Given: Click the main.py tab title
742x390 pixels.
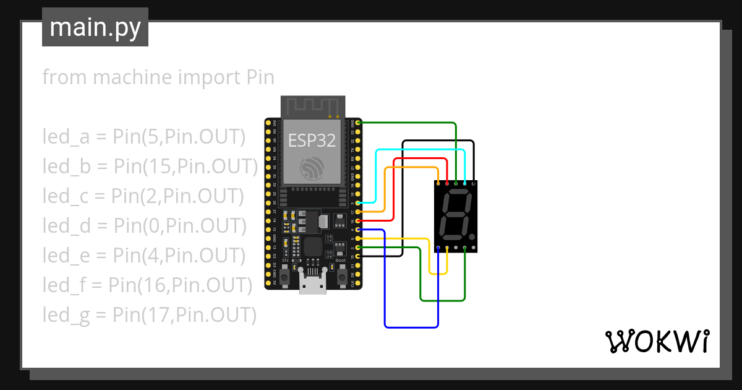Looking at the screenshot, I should pos(95,27).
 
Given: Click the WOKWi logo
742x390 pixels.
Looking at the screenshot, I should pos(656,341).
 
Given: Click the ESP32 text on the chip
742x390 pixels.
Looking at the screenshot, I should pos(312,141).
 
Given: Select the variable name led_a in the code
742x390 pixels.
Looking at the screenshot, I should pos(66,136).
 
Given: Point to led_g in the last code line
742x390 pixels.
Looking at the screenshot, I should pos(66,314).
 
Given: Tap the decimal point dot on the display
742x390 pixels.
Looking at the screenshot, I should pos(473,238).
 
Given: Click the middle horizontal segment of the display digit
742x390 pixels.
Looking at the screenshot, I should pos(454,215).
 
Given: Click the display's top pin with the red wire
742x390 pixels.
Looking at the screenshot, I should pos(447,184).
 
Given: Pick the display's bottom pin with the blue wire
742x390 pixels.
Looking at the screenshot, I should pos(438,248).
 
